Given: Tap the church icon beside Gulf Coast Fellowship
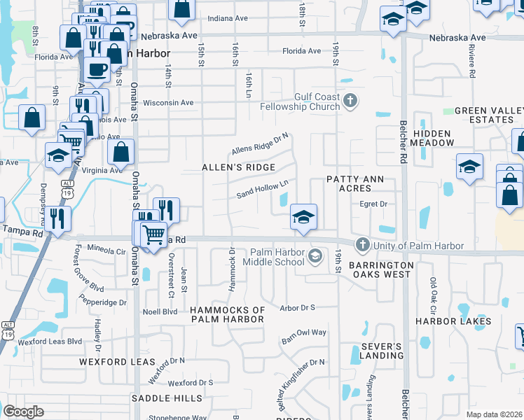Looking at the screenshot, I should coord(351,102).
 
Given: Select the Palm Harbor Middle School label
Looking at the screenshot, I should coord(273,257).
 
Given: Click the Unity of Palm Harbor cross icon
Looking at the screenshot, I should coord(362,245).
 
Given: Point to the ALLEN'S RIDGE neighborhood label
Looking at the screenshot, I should coord(238,167).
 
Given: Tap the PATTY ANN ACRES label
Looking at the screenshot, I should coord(355,184).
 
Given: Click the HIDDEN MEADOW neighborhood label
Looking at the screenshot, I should coord(433,138).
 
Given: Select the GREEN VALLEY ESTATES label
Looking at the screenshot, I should coord(489,115).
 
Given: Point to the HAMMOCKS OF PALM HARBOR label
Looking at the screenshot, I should coord(228,314).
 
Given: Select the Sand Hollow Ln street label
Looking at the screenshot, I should coord(263,189).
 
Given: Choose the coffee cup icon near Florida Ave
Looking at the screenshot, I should coord(97,70).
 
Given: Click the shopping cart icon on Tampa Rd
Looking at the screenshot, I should coord(154,234).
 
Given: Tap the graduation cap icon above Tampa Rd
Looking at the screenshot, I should coord(303,216).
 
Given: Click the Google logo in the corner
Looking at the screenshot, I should coord(24,412).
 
